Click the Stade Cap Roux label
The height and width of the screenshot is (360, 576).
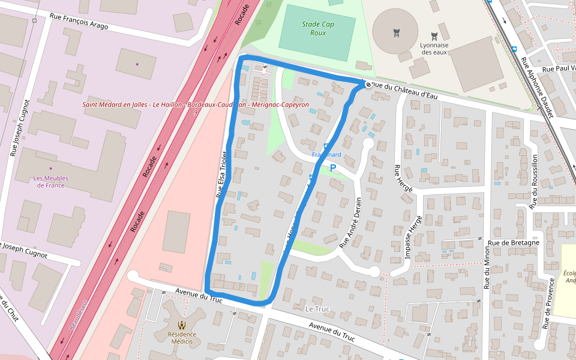point(318,28)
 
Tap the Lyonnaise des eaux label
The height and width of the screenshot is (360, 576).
point(434,49)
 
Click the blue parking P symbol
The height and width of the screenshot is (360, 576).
point(333,168)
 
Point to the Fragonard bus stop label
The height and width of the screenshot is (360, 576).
point(326,154)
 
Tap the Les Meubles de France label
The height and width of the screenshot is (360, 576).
point(50,182)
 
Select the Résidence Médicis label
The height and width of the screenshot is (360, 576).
point(182,338)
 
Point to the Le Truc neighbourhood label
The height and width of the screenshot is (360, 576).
point(317,308)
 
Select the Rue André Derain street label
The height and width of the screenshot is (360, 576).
point(351,223)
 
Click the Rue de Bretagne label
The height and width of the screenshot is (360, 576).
point(513,242)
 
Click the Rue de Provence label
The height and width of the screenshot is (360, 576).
point(547,304)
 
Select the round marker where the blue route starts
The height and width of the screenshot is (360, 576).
point(368,85)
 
